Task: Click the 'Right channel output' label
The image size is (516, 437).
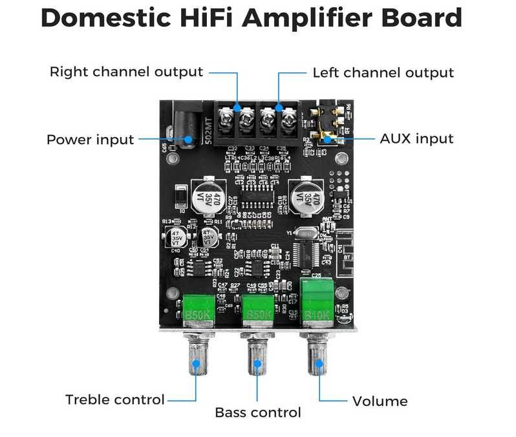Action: coord(126,72)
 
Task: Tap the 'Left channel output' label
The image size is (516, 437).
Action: coord(383,72)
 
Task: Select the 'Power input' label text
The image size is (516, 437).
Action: coord(90,140)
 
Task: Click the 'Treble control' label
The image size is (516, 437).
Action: coord(115,400)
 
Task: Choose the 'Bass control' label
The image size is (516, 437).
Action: coord(258,412)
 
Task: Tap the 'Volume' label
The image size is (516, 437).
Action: coord(380,401)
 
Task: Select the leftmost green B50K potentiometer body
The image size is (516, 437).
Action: coord(199,308)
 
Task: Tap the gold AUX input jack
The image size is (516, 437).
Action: coord(323,125)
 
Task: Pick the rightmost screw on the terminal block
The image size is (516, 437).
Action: coord(288,119)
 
